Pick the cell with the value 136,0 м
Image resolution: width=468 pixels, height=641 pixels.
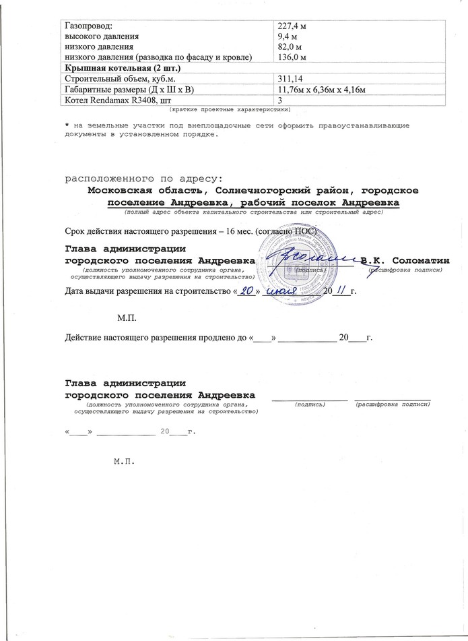tap(293, 58)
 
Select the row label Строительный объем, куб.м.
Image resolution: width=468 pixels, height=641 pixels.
tap(115, 79)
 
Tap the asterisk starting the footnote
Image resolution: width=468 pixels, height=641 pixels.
tap(67, 125)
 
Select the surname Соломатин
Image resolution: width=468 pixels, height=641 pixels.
tap(422, 260)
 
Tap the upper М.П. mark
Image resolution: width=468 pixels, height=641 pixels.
tap(127, 316)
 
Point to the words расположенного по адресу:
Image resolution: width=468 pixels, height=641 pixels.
tap(142, 179)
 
